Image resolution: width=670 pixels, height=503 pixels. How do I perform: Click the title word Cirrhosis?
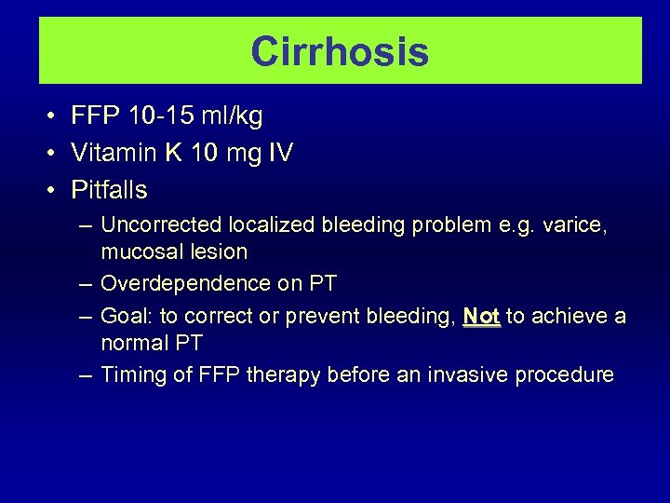pos(340,51)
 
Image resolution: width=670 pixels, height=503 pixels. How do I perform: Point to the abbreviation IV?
pos(280,153)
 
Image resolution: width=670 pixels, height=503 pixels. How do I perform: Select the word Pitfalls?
pos(110,190)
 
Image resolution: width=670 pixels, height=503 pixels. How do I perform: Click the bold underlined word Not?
pos(481,317)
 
